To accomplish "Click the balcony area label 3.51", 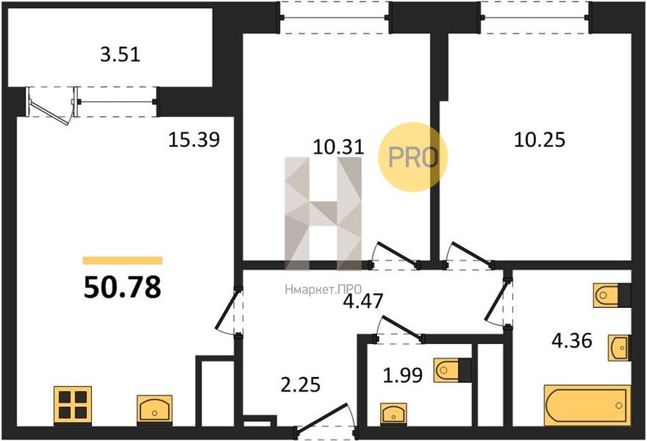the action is tap(120, 54).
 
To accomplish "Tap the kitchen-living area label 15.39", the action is tap(194, 140).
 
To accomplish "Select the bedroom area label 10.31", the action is tap(338, 147).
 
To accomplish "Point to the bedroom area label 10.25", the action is tap(540, 140).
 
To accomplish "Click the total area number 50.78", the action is tap(122, 287).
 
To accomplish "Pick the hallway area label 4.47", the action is tap(363, 301).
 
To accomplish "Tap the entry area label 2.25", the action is tap(301, 385).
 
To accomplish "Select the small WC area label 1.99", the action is tap(403, 376).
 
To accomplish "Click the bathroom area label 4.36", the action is tap(572, 341).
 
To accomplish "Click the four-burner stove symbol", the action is tap(73, 405).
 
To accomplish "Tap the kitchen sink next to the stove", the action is tap(154, 409).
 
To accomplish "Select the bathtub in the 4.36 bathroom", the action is tap(587, 405).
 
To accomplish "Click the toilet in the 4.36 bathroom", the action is tap(612, 295).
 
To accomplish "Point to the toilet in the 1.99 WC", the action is tap(452, 370).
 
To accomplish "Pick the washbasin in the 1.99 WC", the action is tap(393, 413).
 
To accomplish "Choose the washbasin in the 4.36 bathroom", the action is tap(619, 348).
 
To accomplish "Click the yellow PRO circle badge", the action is tap(413, 157).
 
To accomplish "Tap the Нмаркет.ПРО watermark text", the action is tap(323, 290).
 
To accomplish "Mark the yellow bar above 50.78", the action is tap(123, 260).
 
